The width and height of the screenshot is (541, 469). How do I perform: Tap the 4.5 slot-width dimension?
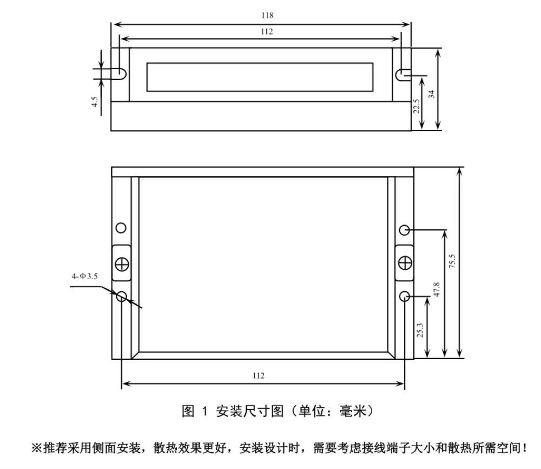point(95,102)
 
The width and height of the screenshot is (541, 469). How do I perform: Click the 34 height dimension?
point(431,94)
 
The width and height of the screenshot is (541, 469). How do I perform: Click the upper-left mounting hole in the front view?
point(122,227)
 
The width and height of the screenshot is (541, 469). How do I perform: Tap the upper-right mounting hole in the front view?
point(404,230)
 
